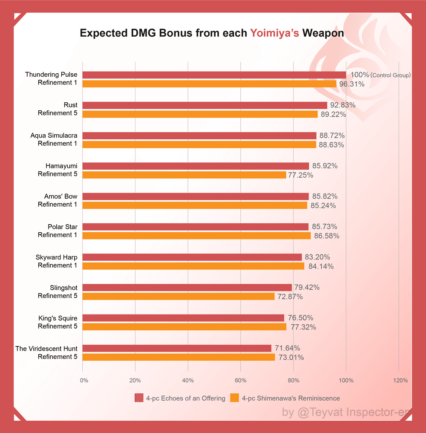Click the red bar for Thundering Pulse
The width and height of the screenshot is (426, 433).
(x=214, y=75)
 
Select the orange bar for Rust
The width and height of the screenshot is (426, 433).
(x=200, y=114)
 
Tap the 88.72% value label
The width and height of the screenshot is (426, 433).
(x=332, y=136)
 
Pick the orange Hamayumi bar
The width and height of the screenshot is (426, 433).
(x=184, y=175)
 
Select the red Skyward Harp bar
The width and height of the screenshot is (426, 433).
(x=192, y=257)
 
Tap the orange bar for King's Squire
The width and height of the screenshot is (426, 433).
(x=184, y=327)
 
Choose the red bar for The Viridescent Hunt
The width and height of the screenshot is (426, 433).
(x=177, y=348)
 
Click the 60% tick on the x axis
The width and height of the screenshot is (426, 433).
(x=241, y=380)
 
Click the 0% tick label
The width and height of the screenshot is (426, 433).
(x=84, y=380)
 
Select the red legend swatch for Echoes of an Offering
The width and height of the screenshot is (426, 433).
(x=139, y=398)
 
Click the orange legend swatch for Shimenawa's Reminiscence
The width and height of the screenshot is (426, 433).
(x=234, y=398)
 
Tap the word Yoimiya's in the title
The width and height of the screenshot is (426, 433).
(x=275, y=33)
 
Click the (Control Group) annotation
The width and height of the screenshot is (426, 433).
(x=391, y=75)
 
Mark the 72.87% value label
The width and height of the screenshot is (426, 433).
(x=289, y=297)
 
